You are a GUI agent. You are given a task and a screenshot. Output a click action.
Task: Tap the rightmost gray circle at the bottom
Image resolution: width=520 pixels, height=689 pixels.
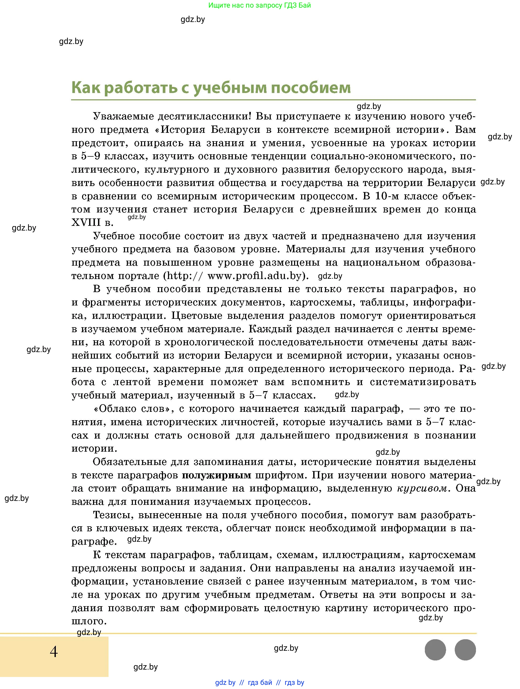point(465,650)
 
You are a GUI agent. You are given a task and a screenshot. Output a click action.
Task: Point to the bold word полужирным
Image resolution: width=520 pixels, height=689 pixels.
point(216,475)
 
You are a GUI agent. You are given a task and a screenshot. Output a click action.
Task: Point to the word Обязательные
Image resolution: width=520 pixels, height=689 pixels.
point(129,462)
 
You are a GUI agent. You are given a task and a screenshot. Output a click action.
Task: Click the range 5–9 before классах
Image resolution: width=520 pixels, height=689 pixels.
point(90,156)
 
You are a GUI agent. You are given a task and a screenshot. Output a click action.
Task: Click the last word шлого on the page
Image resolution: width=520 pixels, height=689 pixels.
point(89,621)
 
